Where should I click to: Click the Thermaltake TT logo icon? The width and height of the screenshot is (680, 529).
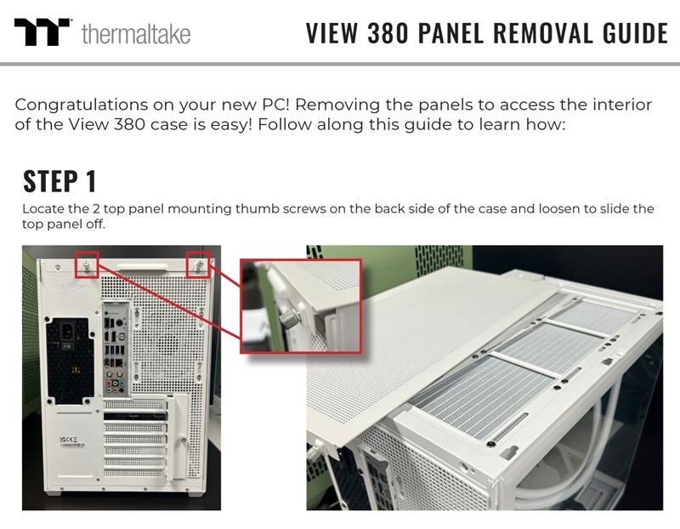[x=42, y=32]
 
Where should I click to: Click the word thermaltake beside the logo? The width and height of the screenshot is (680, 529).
[x=136, y=34]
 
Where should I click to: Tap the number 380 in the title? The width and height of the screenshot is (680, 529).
[x=388, y=33]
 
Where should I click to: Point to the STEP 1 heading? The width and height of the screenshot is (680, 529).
[x=59, y=181]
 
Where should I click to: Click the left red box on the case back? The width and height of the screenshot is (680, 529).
[x=87, y=264]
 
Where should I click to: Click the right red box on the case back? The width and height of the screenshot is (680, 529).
[x=199, y=264]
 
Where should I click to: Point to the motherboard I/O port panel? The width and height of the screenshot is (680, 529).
[x=116, y=350]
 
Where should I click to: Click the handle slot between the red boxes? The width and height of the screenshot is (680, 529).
[x=142, y=266]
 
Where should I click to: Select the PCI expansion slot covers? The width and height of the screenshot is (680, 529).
[x=135, y=439]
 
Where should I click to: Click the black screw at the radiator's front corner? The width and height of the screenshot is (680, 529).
[x=490, y=444]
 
